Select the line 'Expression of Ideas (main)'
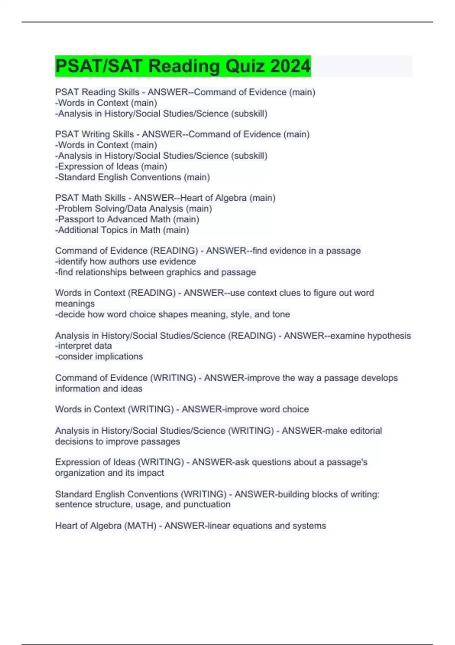coord(111,167)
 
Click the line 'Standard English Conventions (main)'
coord(132,177)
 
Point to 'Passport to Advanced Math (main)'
coord(127,219)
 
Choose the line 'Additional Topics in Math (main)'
coord(122,230)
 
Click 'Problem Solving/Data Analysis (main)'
coord(133,209)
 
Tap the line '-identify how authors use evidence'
coord(126,261)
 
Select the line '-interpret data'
coord(83,346)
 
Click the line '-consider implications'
coord(99,356)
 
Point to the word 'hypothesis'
coord(389,336)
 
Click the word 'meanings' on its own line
coord(75,304)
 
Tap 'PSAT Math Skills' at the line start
coord(90,198)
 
